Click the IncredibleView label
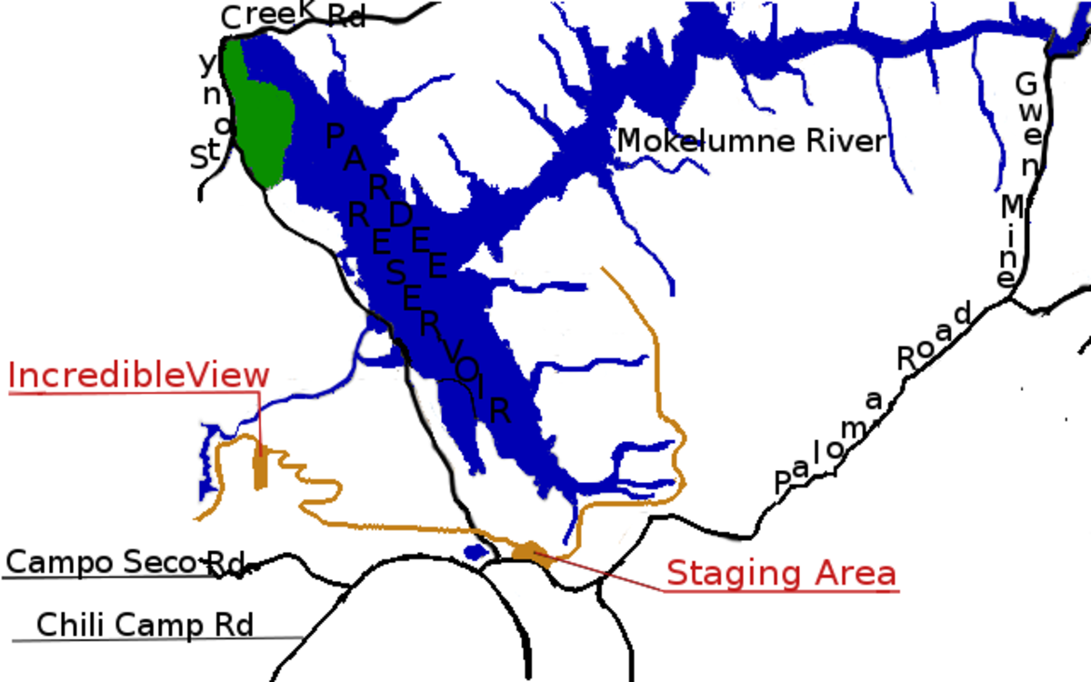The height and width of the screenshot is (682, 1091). [x=139, y=376]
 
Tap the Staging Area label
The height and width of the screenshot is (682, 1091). [x=781, y=574]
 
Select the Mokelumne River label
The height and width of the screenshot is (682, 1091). [x=751, y=141]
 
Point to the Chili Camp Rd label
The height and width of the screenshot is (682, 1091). [x=145, y=625]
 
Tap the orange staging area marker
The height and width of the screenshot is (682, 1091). [x=531, y=551]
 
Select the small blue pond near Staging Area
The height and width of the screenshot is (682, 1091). [x=475, y=552]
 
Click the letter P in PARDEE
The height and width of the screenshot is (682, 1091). [x=335, y=136]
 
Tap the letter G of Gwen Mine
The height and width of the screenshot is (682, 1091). [x=1026, y=85]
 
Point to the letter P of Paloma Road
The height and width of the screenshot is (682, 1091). [x=783, y=482]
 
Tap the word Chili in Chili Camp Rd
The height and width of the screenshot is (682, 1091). [x=69, y=625]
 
